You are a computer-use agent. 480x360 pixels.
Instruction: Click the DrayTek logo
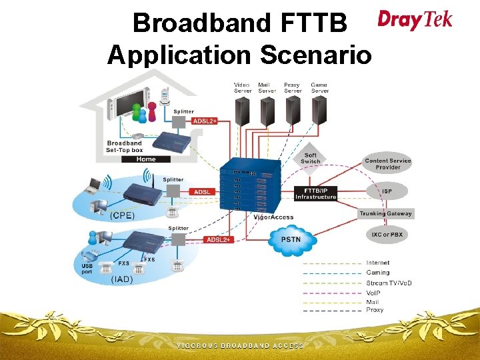(x=415, y=19)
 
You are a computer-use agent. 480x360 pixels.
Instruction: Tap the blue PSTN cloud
(x=291, y=239)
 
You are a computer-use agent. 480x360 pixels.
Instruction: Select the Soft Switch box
(x=311, y=158)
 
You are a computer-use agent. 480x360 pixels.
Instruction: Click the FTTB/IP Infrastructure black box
(x=316, y=193)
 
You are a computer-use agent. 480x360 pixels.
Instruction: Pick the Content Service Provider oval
(x=387, y=164)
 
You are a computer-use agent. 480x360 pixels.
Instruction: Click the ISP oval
(x=387, y=191)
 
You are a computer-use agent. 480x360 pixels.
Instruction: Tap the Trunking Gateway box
(x=386, y=214)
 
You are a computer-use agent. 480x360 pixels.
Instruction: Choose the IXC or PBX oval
(x=387, y=235)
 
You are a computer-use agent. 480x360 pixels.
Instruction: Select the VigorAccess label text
(x=273, y=217)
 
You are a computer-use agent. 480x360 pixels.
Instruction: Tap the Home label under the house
(x=146, y=159)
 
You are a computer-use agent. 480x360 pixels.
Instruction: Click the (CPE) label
(x=122, y=215)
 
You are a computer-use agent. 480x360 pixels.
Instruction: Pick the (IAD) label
(x=121, y=280)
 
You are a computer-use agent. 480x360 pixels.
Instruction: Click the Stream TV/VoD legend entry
(x=389, y=283)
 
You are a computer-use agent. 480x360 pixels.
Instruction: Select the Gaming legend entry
(x=378, y=273)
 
